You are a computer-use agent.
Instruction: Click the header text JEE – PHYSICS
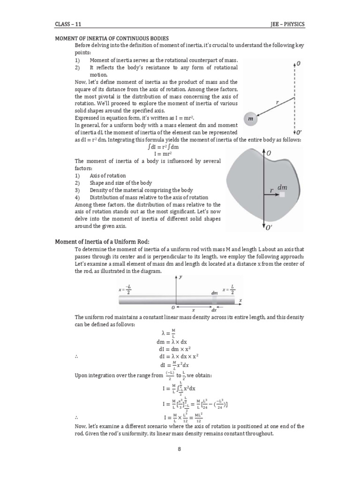287,25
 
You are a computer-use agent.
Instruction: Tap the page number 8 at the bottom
180,449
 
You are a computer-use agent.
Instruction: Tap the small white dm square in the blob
282,194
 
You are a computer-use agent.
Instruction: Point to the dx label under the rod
214,309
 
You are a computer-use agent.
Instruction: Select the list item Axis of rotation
108,175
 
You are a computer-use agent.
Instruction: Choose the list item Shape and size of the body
120,183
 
